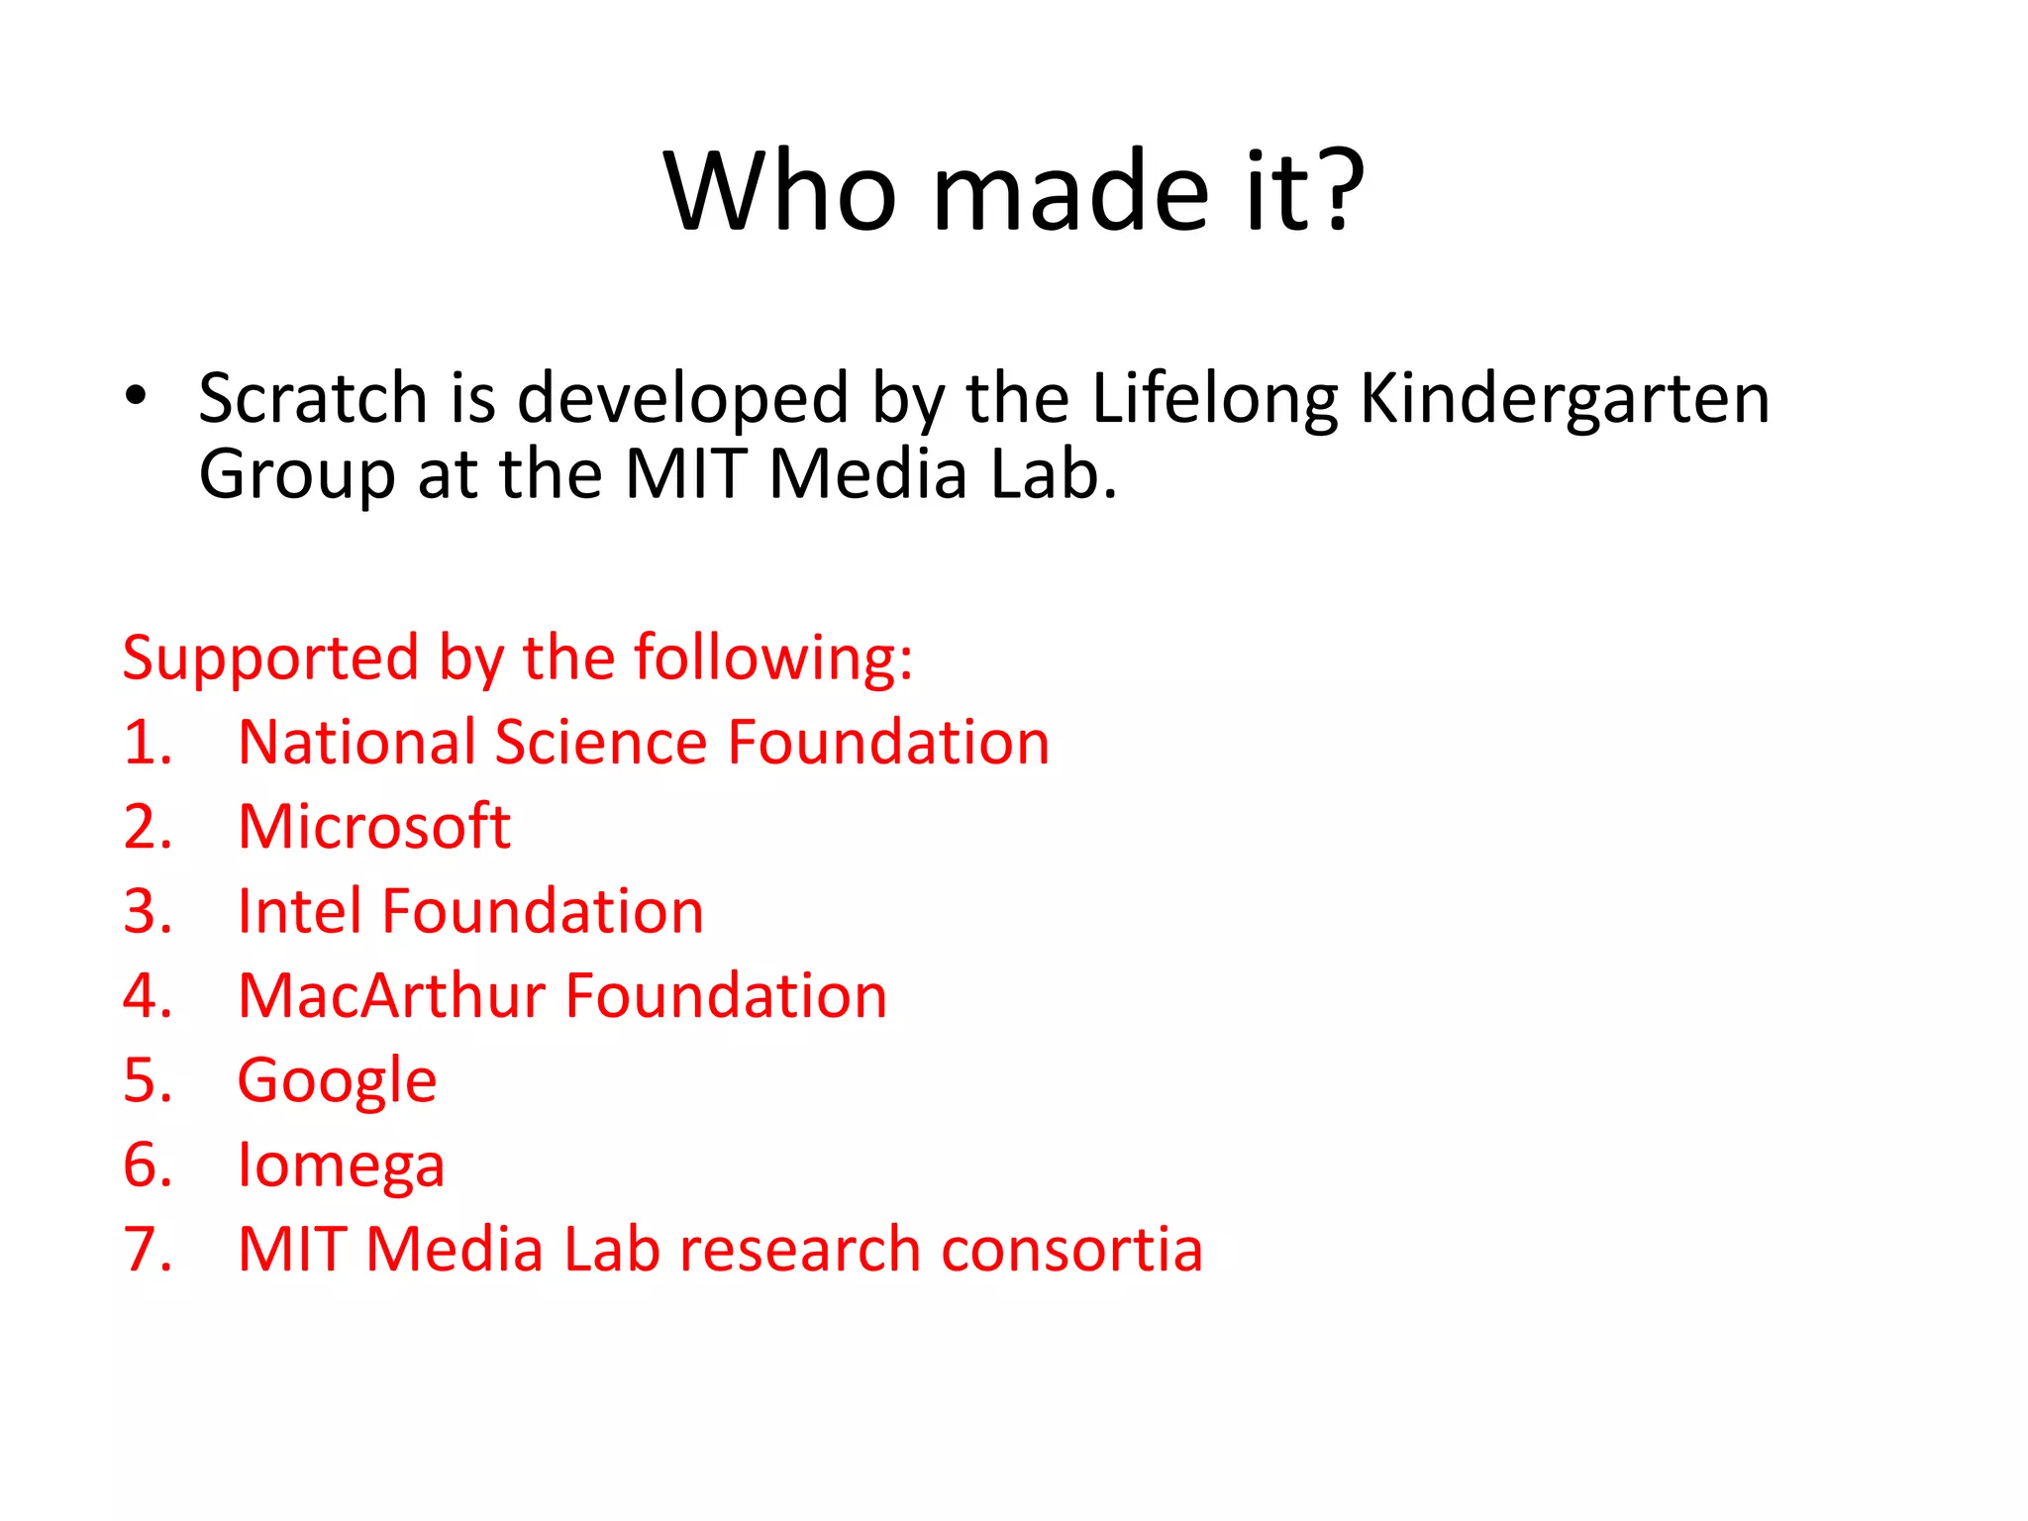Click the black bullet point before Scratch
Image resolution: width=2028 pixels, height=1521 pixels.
(x=136, y=396)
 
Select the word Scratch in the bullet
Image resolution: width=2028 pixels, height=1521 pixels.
(x=313, y=398)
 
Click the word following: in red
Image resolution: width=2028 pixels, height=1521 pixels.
(x=772, y=659)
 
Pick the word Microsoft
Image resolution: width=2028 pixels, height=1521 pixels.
(x=374, y=827)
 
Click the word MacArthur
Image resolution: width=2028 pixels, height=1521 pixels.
(x=391, y=995)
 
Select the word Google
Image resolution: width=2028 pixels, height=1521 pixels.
(x=337, y=1082)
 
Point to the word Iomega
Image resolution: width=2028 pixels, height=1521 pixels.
(x=341, y=1166)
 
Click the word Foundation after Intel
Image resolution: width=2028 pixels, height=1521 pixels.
(x=543, y=911)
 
